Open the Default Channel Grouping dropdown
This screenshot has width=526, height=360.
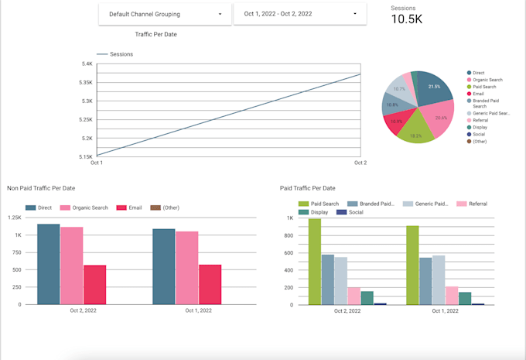(165, 14)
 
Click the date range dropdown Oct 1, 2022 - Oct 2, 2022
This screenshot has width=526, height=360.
(299, 14)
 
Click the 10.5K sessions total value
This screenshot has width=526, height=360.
(406, 19)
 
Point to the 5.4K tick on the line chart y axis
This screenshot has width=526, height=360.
(87, 63)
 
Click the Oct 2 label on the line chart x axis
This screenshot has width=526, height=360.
(360, 163)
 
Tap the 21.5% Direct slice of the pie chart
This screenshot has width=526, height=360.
(434, 87)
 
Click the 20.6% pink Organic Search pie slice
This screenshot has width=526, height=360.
(440, 118)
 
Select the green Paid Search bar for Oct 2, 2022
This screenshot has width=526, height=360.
(315, 262)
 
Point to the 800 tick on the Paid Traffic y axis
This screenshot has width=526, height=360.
(288, 235)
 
